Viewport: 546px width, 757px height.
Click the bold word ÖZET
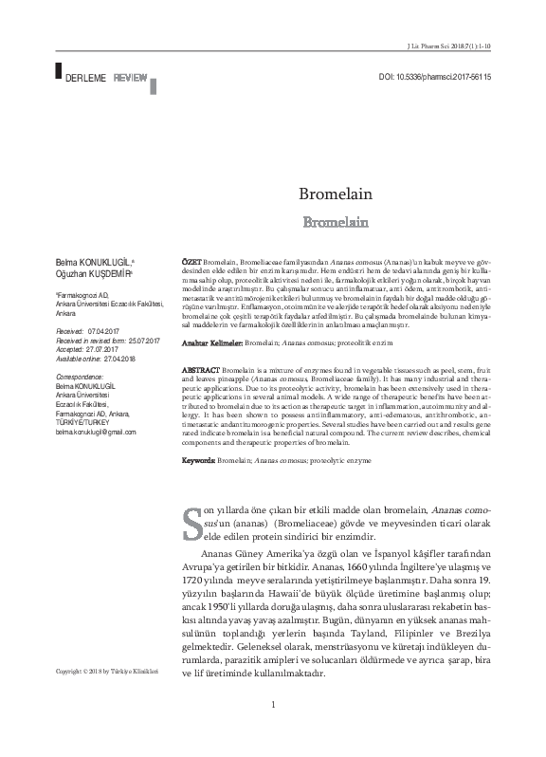point(190,259)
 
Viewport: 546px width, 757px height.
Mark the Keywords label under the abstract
point(200,459)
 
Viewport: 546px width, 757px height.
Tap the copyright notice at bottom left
point(104,673)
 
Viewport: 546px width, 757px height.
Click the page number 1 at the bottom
point(273,730)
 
